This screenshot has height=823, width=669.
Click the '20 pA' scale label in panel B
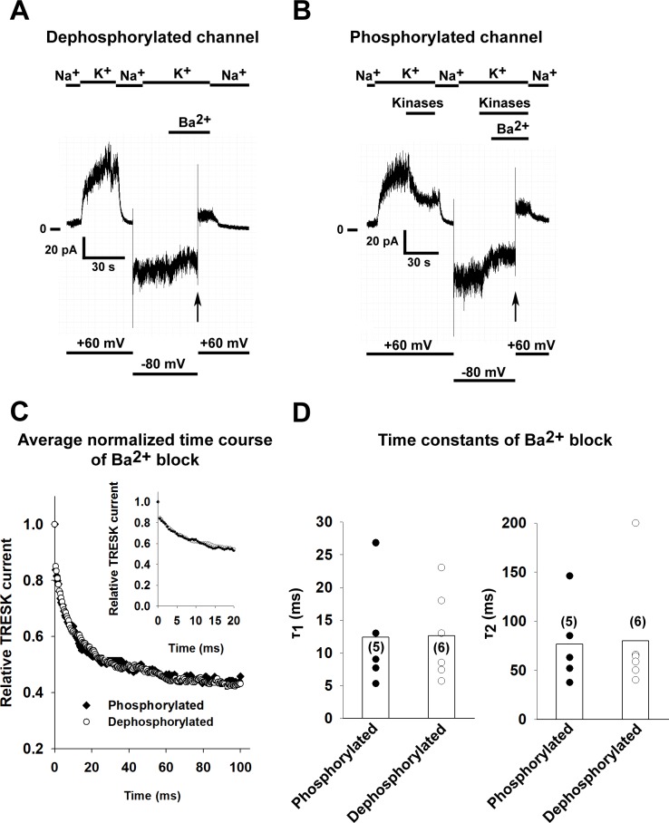(x=383, y=242)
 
